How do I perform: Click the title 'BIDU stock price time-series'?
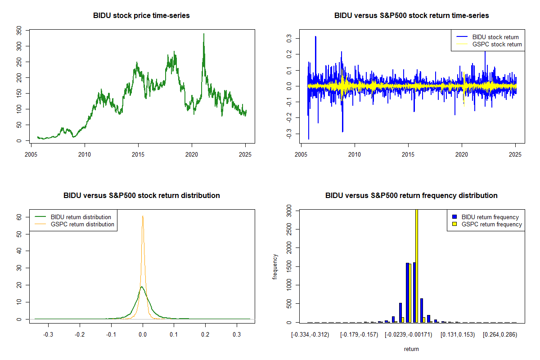click(x=141, y=16)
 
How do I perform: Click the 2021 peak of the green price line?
click(x=203, y=34)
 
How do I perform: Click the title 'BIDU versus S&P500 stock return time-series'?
click(x=411, y=16)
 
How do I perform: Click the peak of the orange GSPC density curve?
click(x=143, y=216)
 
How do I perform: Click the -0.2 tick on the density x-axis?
click(x=80, y=335)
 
